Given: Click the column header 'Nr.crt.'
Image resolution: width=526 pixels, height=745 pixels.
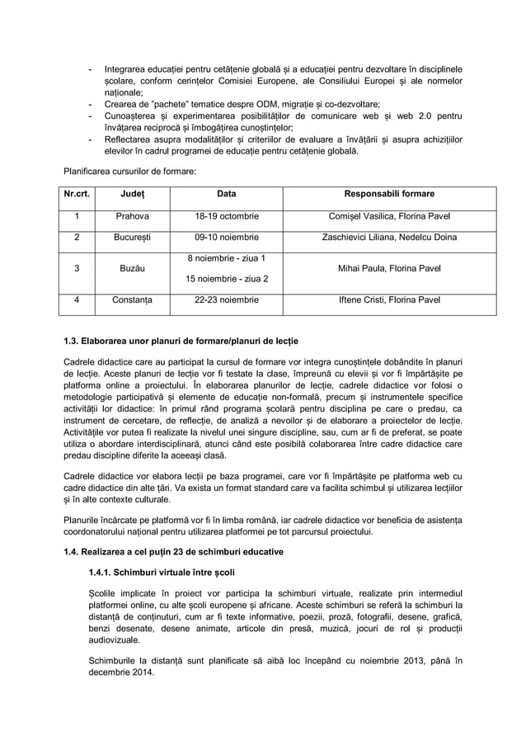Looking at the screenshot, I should tap(77, 194).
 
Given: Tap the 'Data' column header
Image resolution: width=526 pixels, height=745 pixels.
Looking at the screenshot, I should tap(226, 194).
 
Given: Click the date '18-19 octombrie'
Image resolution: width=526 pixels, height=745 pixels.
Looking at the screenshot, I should tap(226, 216).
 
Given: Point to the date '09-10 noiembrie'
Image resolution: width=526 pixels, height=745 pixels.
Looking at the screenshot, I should tap(226, 238).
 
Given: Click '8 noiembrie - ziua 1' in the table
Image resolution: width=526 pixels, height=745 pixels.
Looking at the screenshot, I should tap(226, 258).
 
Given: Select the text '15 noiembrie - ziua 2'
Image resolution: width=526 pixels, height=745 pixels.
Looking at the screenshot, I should tap(226, 279).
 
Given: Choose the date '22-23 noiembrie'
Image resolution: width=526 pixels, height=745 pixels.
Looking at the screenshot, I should tap(226, 300).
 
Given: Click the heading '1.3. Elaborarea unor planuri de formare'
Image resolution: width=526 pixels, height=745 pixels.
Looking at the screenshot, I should tap(181, 341).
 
